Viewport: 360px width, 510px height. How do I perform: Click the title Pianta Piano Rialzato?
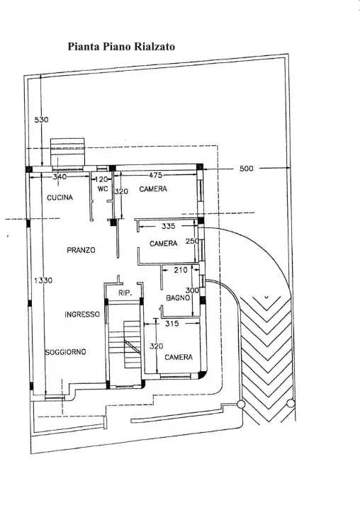(x=120, y=47)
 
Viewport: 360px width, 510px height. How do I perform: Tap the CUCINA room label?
(x=61, y=198)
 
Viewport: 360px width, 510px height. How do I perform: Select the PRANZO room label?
(x=81, y=250)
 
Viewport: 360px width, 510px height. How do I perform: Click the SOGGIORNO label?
(x=66, y=352)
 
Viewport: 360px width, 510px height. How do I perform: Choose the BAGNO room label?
(x=177, y=299)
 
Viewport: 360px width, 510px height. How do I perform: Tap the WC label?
(x=102, y=190)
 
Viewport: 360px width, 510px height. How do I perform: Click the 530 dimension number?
(x=41, y=120)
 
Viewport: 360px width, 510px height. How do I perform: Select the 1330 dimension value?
(x=41, y=280)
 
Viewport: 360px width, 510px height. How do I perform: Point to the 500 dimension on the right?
(x=246, y=169)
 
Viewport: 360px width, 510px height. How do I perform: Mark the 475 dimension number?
(x=157, y=175)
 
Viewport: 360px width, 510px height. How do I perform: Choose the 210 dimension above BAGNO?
(x=180, y=270)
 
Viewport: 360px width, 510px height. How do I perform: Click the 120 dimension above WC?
(x=102, y=179)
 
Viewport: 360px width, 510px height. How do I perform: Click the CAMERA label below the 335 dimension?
(x=163, y=244)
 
